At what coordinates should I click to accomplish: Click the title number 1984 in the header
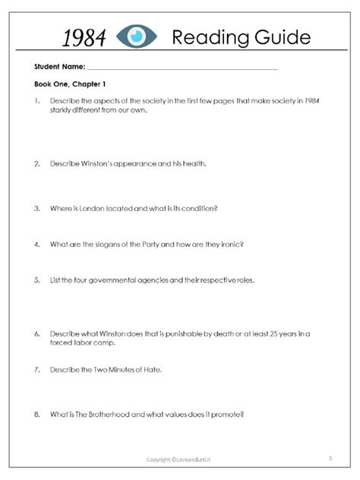click(x=84, y=36)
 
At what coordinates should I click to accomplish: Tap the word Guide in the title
click(x=276, y=36)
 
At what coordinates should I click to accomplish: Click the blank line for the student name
click(x=182, y=68)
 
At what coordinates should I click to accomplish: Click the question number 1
click(x=36, y=100)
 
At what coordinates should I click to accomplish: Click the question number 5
click(x=36, y=279)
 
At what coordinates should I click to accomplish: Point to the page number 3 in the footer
click(x=331, y=458)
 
